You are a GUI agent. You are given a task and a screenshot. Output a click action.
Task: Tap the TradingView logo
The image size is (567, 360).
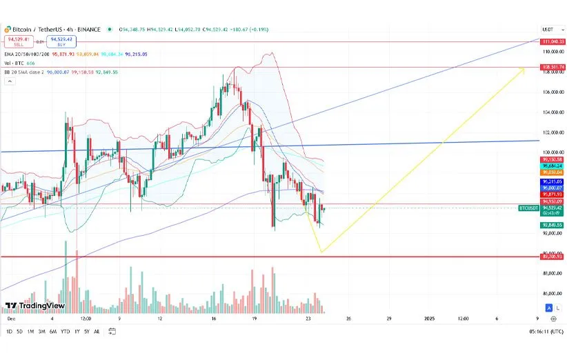click(x=34, y=306)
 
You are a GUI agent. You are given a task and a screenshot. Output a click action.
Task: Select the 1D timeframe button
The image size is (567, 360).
click(x=9, y=332)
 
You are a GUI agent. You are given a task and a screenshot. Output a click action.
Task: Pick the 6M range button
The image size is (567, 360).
click(x=53, y=332)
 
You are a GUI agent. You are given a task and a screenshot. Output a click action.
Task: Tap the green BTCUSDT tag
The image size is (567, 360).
click(x=528, y=207)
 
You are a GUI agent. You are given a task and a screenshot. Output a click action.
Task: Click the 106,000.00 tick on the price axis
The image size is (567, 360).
click(x=550, y=92)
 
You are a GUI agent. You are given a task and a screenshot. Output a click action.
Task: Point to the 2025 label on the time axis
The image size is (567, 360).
click(x=429, y=319)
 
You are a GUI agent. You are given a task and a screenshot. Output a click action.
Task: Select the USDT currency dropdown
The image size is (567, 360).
click(x=550, y=30)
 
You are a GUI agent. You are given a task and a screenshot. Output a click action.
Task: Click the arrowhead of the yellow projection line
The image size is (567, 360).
click(x=521, y=68)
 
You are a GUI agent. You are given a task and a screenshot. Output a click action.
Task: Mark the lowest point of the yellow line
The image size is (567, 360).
click(x=321, y=252)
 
